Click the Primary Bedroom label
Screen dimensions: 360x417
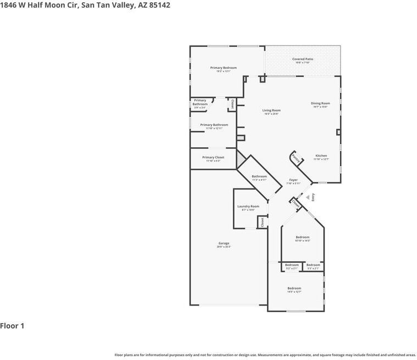coord(223,68)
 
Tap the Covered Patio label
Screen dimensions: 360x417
coord(303,59)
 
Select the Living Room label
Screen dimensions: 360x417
coord(271,110)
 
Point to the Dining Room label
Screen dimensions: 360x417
coord(320,103)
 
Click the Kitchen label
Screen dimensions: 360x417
coord(321,156)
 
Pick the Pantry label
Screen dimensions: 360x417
coord(296,159)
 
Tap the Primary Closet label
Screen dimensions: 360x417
coord(213,157)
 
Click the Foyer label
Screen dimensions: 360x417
coord(293,180)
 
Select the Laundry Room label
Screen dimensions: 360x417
coord(248,207)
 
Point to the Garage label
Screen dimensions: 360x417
coord(224,243)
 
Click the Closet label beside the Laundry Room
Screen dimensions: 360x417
coord(263,222)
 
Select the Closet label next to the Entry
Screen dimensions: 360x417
coord(297,203)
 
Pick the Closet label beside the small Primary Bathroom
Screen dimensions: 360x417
coord(232,104)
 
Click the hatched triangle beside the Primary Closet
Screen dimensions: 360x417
coord(240,160)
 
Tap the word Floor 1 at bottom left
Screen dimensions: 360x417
coord(12,326)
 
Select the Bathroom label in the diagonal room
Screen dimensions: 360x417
coord(259,176)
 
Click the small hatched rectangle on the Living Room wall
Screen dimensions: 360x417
coord(240,137)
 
